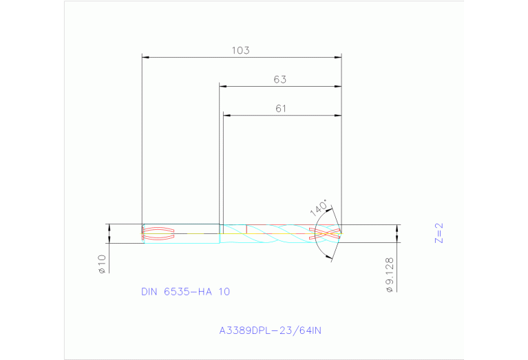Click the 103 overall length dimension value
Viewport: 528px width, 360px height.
[x=240, y=50]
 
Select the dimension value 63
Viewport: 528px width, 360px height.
[x=279, y=80]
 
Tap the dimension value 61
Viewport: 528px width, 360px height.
[x=281, y=108]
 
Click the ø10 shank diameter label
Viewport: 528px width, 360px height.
[x=101, y=264]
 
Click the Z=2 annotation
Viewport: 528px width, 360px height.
[x=439, y=233]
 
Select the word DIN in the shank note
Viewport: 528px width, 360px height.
[x=149, y=292]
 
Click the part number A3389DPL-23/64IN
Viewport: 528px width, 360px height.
[x=270, y=331]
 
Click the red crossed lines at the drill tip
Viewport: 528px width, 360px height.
[x=325, y=233]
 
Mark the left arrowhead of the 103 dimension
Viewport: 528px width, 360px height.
[x=145, y=57]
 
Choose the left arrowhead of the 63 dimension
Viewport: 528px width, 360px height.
[x=222, y=87]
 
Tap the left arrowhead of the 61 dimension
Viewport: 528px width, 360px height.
[x=226, y=115]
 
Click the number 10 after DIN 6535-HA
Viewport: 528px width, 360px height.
[x=224, y=292]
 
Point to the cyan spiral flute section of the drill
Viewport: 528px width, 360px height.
[x=275, y=233]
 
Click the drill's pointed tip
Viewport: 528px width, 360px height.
[x=341, y=233]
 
